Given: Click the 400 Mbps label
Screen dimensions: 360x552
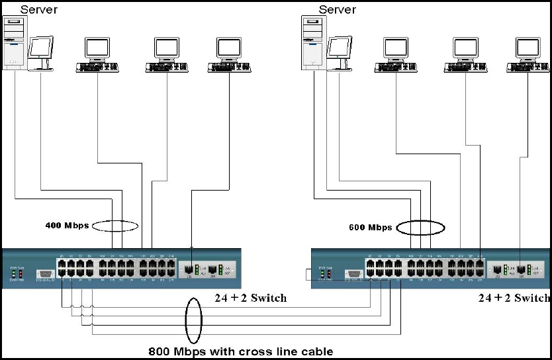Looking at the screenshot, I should (66, 225).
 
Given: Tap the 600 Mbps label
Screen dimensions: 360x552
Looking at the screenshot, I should (370, 228).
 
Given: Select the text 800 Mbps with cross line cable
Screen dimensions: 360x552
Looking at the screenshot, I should (241, 351).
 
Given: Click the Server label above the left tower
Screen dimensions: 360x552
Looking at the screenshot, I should (38, 9).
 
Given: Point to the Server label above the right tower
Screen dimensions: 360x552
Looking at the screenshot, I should (337, 9).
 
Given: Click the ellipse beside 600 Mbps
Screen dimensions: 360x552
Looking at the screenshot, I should (419, 228).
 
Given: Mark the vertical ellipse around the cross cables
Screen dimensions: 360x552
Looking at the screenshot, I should (193, 320).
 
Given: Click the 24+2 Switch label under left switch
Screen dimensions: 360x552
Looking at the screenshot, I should (250, 298).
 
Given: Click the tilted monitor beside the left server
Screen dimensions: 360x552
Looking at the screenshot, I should (41, 52).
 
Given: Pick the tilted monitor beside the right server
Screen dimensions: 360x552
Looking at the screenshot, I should (340, 52).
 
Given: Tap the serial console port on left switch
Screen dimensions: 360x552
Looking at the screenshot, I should (44, 273).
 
